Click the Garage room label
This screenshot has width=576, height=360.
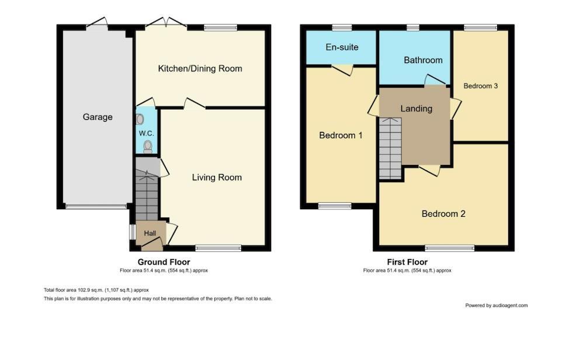(x=98, y=117)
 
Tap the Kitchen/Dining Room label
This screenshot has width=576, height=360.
(x=200, y=68)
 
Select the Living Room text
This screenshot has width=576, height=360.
(x=217, y=177)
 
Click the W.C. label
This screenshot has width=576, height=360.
(x=146, y=133)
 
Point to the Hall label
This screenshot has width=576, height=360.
(x=150, y=234)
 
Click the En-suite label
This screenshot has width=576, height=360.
(x=342, y=47)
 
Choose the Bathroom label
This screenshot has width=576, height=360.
(x=423, y=60)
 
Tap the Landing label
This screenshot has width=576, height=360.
(x=416, y=108)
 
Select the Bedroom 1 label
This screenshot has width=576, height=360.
(x=341, y=135)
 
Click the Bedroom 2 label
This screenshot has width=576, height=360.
(x=443, y=213)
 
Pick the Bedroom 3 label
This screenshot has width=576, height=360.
(x=480, y=86)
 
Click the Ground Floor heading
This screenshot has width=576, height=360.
(x=164, y=262)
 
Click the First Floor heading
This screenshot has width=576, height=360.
(x=407, y=262)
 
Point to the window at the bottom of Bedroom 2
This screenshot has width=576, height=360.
(x=449, y=248)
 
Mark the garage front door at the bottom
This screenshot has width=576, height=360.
(x=96, y=206)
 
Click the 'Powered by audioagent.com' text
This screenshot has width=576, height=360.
(x=496, y=305)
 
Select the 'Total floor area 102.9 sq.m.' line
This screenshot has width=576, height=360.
(x=96, y=290)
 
